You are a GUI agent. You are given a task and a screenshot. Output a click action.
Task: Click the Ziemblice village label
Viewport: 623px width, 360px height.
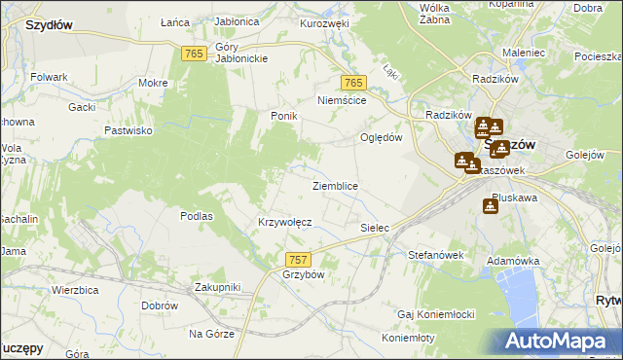tap(335, 186)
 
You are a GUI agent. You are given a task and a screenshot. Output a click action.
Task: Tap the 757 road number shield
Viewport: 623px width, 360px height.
tap(299, 259)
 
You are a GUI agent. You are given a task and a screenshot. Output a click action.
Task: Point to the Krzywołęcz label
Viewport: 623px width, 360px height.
tap(284, 222)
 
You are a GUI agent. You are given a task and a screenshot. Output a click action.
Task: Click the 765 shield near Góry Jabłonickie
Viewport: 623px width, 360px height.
tap(193, 54)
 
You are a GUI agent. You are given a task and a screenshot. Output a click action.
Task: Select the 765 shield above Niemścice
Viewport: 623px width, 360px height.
tap(353, 84)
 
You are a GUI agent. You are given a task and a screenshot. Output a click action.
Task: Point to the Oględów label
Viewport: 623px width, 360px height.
tap(382, 137)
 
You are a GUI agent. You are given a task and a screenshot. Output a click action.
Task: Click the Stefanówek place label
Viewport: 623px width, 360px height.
tap(434, 255)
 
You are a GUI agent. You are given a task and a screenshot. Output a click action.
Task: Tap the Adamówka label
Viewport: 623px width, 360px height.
tap(513, 262)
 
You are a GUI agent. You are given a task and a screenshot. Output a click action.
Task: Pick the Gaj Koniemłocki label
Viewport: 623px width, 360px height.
tap(435, 314)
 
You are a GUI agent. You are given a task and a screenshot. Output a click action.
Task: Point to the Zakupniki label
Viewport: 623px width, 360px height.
tap(216, 287)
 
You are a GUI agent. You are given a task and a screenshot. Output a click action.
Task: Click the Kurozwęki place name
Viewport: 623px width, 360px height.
tap(324, 22)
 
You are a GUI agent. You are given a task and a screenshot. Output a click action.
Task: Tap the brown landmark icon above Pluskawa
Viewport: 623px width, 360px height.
tap(490, 206)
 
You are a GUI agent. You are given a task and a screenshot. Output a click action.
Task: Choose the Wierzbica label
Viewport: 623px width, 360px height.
tap(78, 290)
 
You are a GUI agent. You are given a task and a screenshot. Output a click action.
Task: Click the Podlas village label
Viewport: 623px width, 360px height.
tap(197, 216)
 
